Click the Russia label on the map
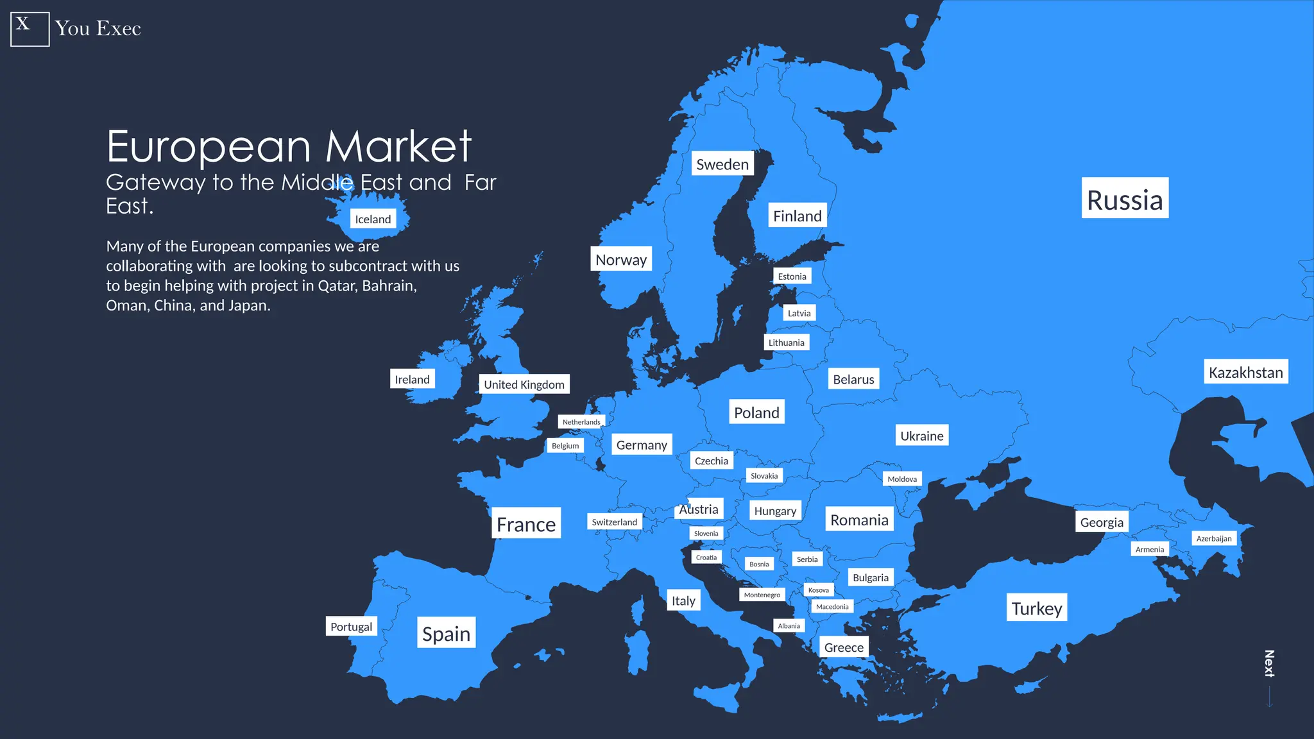[x=1124, y=199]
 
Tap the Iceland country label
[x=373, y=219]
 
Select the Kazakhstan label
[x=1245, y=372]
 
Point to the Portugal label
[x=351, y=627]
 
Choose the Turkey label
[x=1036, y=608]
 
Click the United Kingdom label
[x=524, y=384]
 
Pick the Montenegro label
[x=762, y=595]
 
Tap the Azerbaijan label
[x=1213, y=538]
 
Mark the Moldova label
[x=901, y=479]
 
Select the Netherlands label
[x=581, y=422]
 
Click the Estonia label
[x=792, y=276]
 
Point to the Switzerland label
[x=614, y=522]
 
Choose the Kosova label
[x=818, y=590]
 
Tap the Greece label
[x=844, y=647]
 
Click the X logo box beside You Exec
[x=30, y=29]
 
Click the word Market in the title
[x=398, y=147]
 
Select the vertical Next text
[x=1268, y=663]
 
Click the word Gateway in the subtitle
[x=155, y=183]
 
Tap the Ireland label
[x=412, y=379]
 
